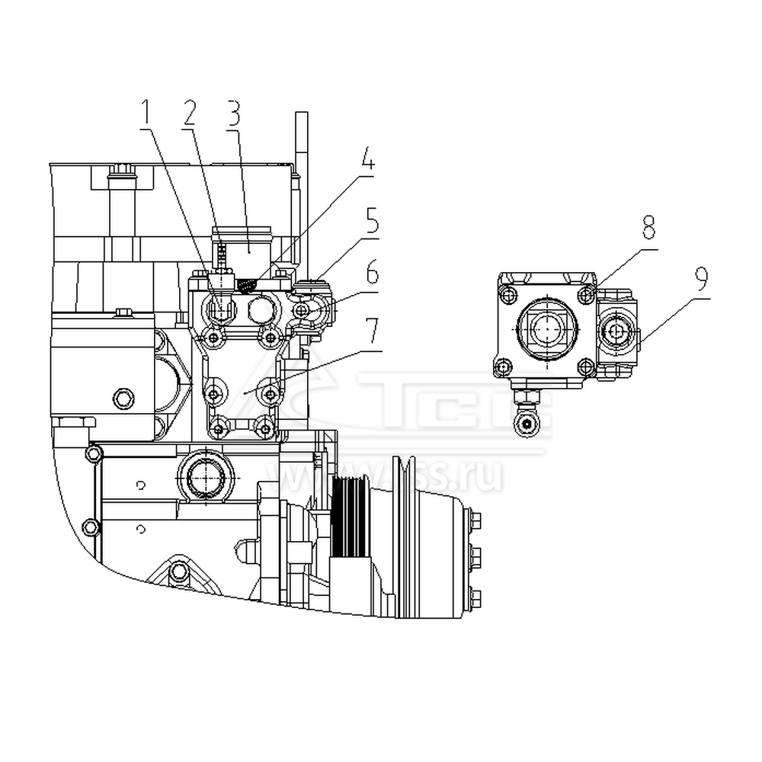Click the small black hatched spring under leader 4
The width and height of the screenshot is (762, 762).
pos(245,285)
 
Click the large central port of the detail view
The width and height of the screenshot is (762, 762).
pos(546,330)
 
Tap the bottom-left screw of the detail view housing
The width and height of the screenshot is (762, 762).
pos(503,368)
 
